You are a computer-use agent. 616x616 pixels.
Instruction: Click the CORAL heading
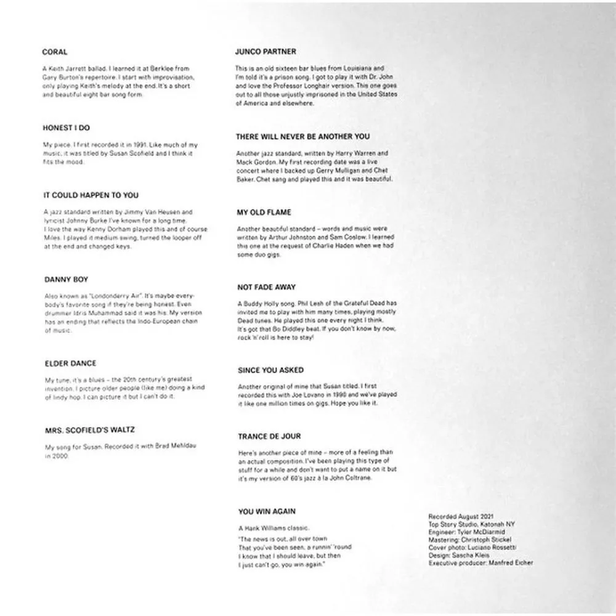pos(55,52)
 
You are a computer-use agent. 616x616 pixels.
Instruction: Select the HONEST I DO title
pos(67,128)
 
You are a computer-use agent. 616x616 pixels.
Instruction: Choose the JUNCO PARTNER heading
pos(265,52)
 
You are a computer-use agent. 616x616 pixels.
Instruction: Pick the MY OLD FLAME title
pos(264,212)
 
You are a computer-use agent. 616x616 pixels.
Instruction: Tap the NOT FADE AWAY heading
pos(267,287)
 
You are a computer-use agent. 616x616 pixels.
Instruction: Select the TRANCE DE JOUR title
pos(269,436)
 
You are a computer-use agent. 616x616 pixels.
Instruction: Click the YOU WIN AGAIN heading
pos(267,511)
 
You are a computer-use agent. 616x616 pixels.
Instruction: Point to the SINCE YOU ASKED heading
pos(270,370)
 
